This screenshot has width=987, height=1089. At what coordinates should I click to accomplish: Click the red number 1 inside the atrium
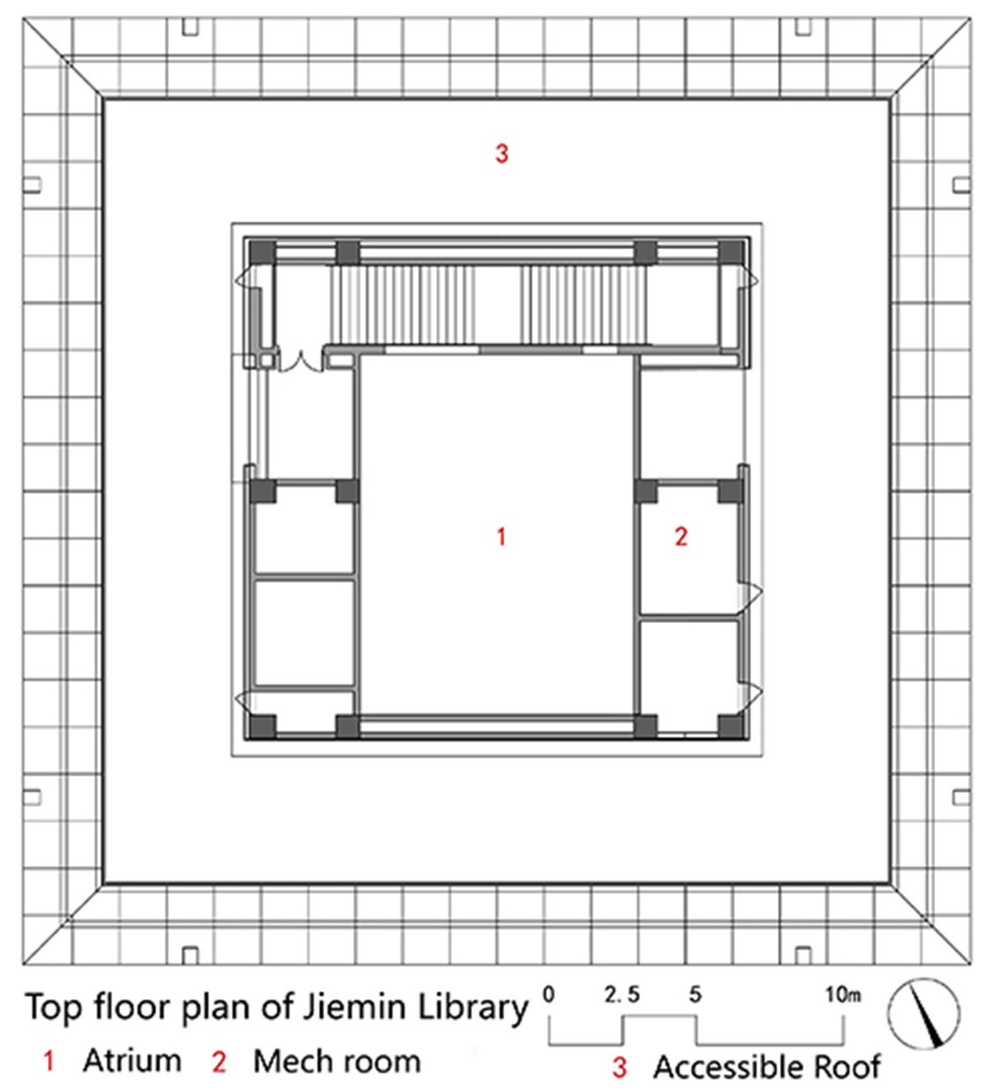(x=501, y=537)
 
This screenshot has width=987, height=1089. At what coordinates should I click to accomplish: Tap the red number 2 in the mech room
(x=681, y=537)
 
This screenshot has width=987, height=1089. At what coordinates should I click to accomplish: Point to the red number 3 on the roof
(x=502, y=154)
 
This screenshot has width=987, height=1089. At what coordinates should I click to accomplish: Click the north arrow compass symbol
(x=924, y=1014)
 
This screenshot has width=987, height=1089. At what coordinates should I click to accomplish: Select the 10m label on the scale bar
(x=843, y=994)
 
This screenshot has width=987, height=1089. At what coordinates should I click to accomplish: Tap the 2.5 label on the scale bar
(x=623, y=994)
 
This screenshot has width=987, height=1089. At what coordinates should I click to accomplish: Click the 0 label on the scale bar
(x=549, y=994)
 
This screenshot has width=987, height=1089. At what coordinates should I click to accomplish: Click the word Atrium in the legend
(x=132, y=1060)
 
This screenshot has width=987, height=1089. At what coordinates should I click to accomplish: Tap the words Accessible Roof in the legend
(x=767, y=1067)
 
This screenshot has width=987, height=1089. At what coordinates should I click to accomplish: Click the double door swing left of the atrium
(x=300, y=362)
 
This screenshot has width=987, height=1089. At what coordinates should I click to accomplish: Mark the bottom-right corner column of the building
(x=731, y=727)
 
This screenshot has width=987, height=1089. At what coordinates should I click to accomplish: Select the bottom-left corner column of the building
(x=262, y=727)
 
